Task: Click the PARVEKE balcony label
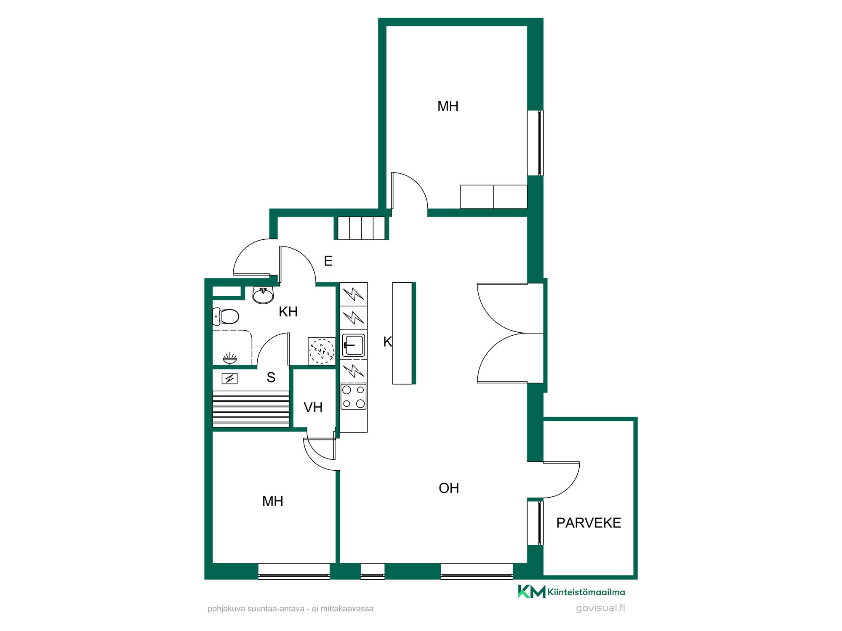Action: [589, 523]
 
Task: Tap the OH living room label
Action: [449, 488]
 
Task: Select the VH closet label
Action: [313, 407]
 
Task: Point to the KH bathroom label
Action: [288, 312]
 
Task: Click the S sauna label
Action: [271, 377]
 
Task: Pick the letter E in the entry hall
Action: [328, 261]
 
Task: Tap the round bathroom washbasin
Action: [263, 295]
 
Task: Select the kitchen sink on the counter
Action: [353, 345]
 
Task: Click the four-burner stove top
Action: [354, 396]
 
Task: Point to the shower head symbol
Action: [230, 358]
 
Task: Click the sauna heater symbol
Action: [229, 379]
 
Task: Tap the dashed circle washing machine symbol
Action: [322, 351]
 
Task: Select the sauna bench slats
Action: [251, 409]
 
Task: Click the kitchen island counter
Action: [402, 333]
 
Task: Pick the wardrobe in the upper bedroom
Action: [493, 196]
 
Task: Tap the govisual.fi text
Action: [600, 608]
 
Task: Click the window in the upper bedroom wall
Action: [536, 143]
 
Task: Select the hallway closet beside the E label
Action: [361, 228]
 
